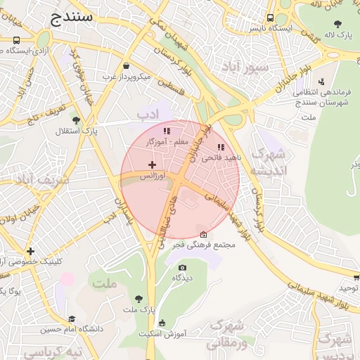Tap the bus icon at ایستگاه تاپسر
[x=271, y=18]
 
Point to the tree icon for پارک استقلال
[x=76, y=120]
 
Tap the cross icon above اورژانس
[x=152, y=165]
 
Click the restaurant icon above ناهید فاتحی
[x=221, y=148]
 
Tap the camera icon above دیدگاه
[x=183, y=267]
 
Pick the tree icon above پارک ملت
[x=139, y=299]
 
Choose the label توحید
[x=349, y=288]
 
